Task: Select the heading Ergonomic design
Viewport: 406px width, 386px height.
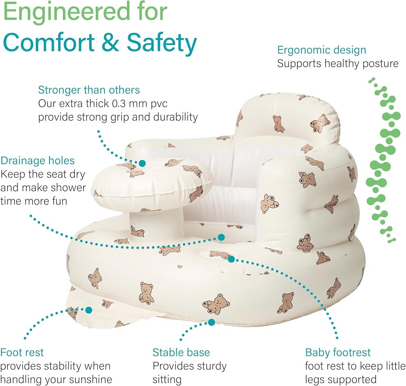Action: tap(322, 50)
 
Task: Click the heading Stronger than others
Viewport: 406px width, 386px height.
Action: tap(89, 90)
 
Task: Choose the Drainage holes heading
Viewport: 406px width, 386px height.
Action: tap(37, 161)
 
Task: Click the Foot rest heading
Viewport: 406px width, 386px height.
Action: tap(22, 352)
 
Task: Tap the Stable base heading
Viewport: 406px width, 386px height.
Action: tap(181, 352)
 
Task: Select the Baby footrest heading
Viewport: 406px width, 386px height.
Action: tap(338, 352)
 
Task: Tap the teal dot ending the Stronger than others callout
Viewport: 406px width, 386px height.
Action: tap(142, 163)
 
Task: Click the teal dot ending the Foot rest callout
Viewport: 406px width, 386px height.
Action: tap(89, 310)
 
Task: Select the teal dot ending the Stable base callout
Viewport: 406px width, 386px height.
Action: tap(212, 322)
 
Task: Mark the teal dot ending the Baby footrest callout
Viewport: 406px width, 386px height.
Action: tap(231, 259)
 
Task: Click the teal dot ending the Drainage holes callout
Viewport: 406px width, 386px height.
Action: tap(221, 237)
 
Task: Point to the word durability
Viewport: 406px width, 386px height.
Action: tap(175, 117)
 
